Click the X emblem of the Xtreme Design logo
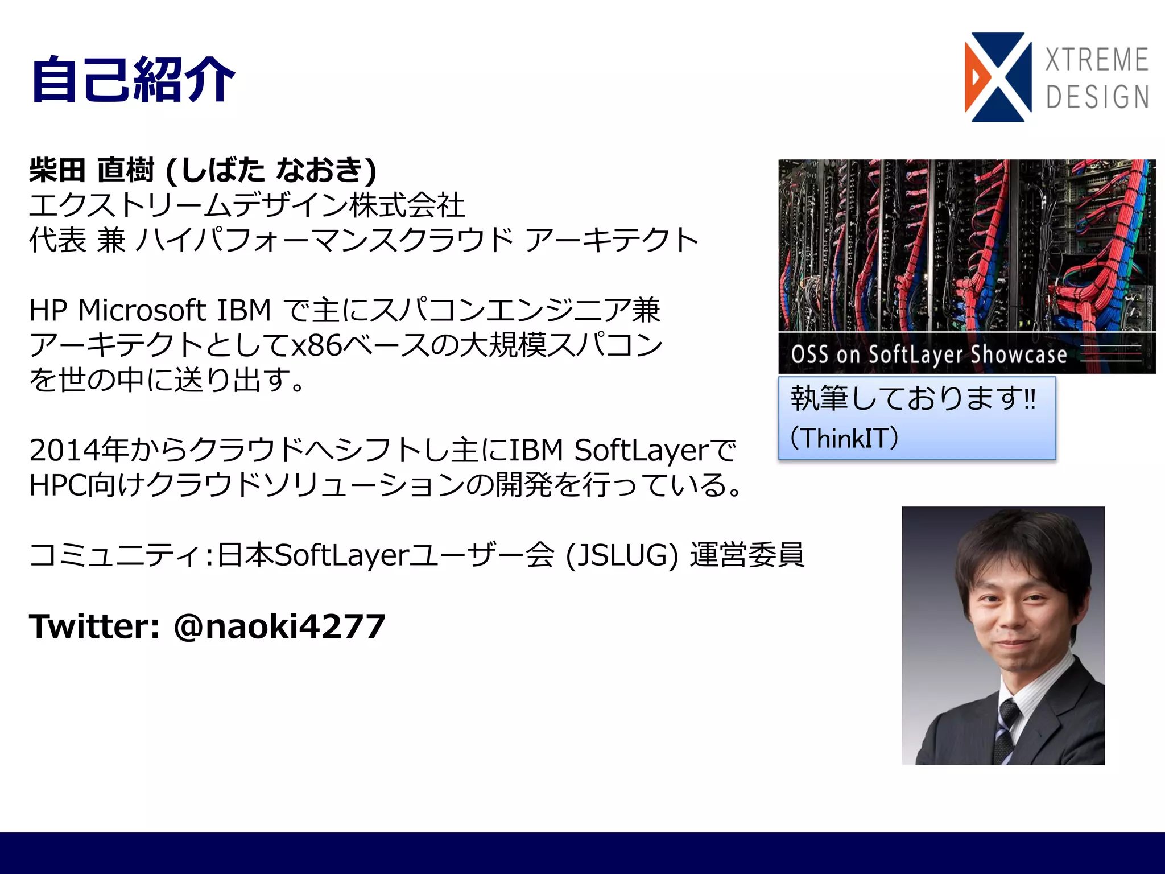tap(998, 77)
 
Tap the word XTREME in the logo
tap(1097, 60)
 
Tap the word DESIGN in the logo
tap(1097, 97)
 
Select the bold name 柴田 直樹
tap(92, 170)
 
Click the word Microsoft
tap(142, 311)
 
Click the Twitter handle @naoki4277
tap(279, 626)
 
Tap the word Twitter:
tap(94, 626)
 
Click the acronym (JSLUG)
tap(622, 555)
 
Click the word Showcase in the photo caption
tap(1018, 354)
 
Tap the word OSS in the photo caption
tap(809, 354)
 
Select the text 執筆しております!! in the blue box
tap(912, 398)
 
